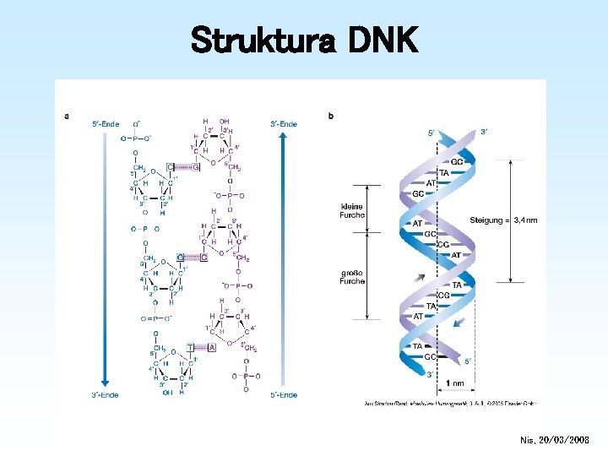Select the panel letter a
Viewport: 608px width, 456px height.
pos(67,116)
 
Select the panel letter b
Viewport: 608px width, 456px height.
pos(330,116)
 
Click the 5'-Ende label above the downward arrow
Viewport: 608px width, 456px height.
pos(106,124)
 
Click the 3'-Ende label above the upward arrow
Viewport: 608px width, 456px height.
pos(283,124)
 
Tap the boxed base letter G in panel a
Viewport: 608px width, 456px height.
pos(196,167)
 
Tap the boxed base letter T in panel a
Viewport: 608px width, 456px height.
pos(191,347)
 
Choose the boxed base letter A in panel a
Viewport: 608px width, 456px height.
pos(211,347)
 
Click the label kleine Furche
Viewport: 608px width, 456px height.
pos(352,209)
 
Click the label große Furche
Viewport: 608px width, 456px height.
pos(352,276)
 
